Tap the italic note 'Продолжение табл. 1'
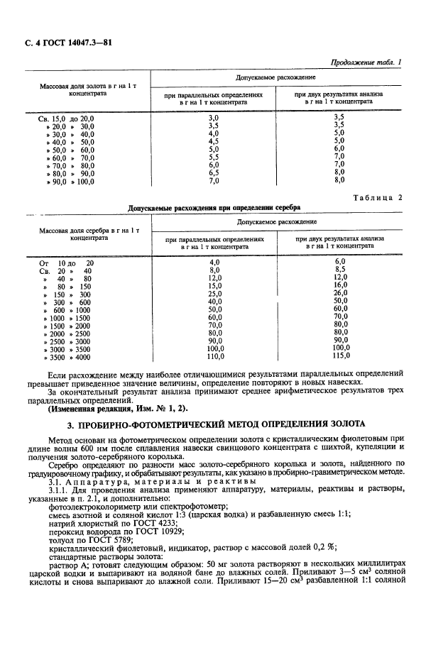(x=366, y=63)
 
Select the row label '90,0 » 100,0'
(x=70, y=181)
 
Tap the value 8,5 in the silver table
(x=339, y=270)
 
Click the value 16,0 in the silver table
(x=340, y=286)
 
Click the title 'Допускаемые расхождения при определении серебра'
(x=213, y=207)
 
